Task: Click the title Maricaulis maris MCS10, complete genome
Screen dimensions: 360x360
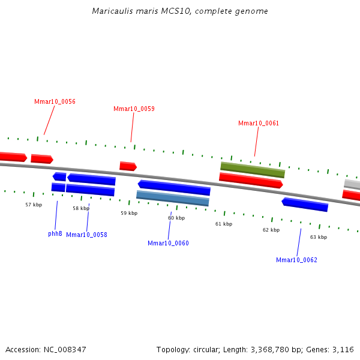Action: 180,11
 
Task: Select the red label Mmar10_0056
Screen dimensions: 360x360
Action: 55,102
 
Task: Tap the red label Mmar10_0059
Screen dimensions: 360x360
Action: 134,109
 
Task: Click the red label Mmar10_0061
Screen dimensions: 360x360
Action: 259,124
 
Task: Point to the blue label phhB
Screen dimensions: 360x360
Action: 55,233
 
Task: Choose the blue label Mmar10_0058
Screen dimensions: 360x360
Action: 86,235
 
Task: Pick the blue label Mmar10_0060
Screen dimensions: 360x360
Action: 168,243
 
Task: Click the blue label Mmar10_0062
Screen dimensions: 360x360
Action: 296,260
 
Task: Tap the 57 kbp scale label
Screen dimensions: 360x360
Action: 34,205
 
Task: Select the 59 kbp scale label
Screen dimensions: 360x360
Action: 129,213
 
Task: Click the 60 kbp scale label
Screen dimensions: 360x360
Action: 176,218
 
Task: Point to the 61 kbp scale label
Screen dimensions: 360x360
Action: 224,224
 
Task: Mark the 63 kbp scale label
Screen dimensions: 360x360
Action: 319,237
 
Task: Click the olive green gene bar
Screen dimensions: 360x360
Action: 253,170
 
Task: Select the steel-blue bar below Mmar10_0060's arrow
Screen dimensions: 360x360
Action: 173,198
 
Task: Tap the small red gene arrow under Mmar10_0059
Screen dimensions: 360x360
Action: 128,166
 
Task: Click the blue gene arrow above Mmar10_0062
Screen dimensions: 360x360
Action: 305,205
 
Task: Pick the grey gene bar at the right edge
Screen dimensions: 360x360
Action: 352,184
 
